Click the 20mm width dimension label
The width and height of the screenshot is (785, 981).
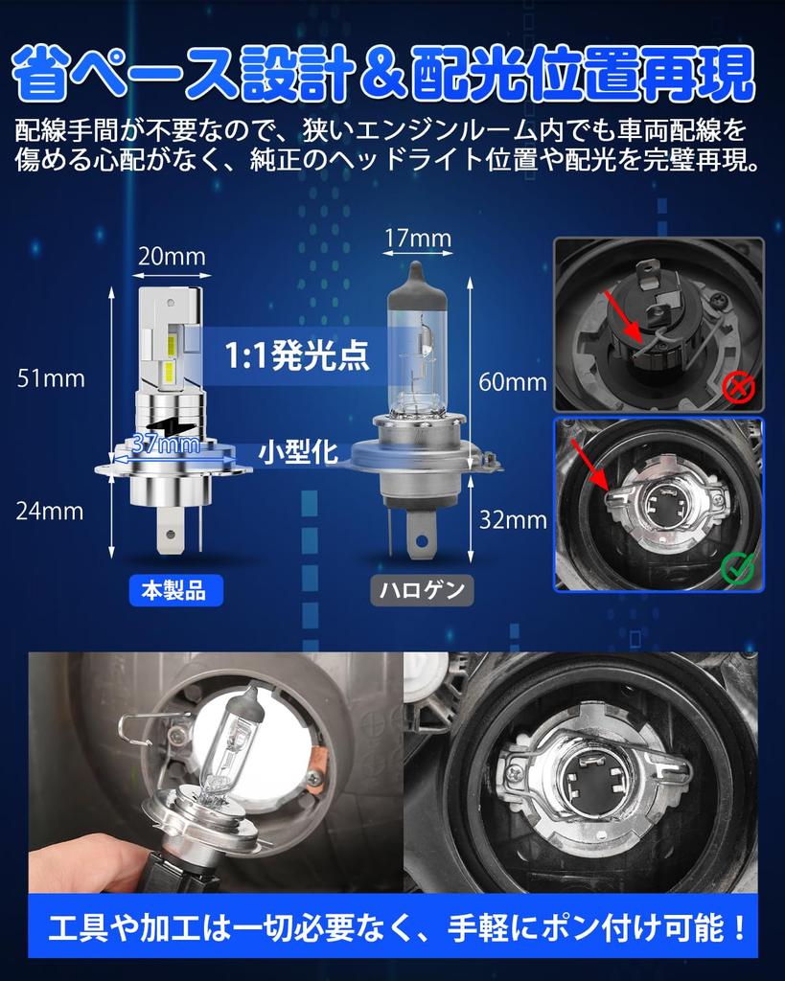click(172, 257)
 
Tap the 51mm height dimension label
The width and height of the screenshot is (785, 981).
click(51, 378)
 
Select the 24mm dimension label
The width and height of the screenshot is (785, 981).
click(50, 512)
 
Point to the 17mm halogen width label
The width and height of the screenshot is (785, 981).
click(418, 238)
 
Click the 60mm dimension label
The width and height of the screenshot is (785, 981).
click(513, 381)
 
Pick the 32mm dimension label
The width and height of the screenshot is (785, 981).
click(513, 520)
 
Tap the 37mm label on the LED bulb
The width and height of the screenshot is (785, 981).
click(167, 445)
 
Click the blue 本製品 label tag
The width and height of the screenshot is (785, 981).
click(175, 590)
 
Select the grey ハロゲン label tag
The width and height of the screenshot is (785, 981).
click(422, 590)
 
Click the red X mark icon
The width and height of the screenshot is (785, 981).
click(739, 388)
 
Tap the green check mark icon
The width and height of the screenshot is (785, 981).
click(738, 567)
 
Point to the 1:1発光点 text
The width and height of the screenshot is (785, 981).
click(297, 355)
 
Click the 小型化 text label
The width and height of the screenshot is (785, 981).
click(299, 452)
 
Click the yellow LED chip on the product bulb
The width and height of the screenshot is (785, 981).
click(169, 373)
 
